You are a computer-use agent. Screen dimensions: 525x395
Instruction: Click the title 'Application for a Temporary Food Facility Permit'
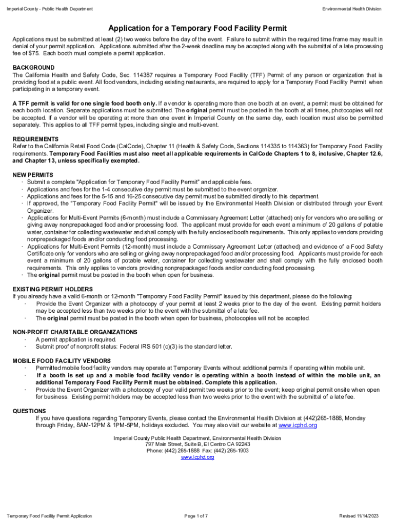tap(197, 28)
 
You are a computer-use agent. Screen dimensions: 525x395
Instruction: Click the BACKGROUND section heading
tap(33, 68)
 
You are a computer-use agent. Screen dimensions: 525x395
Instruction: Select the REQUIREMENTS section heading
tap(35, 139)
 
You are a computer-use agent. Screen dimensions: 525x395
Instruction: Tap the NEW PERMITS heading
tap(33, 175)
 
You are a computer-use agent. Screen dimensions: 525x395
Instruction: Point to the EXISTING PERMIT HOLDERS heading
tap(53, 289)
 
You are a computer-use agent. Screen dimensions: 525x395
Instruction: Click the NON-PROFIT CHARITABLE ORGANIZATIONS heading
tap(75, 332)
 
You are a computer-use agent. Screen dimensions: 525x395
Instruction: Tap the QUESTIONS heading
tap(29, 411)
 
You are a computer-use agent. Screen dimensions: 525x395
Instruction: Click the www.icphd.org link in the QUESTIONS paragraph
tap(298, 426)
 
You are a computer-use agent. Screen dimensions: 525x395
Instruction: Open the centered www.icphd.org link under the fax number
tap(197, 457)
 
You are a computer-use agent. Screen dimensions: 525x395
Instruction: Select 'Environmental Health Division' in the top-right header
tap(352, 9)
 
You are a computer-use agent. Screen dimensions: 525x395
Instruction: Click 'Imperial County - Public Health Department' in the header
tap(49, 9)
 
